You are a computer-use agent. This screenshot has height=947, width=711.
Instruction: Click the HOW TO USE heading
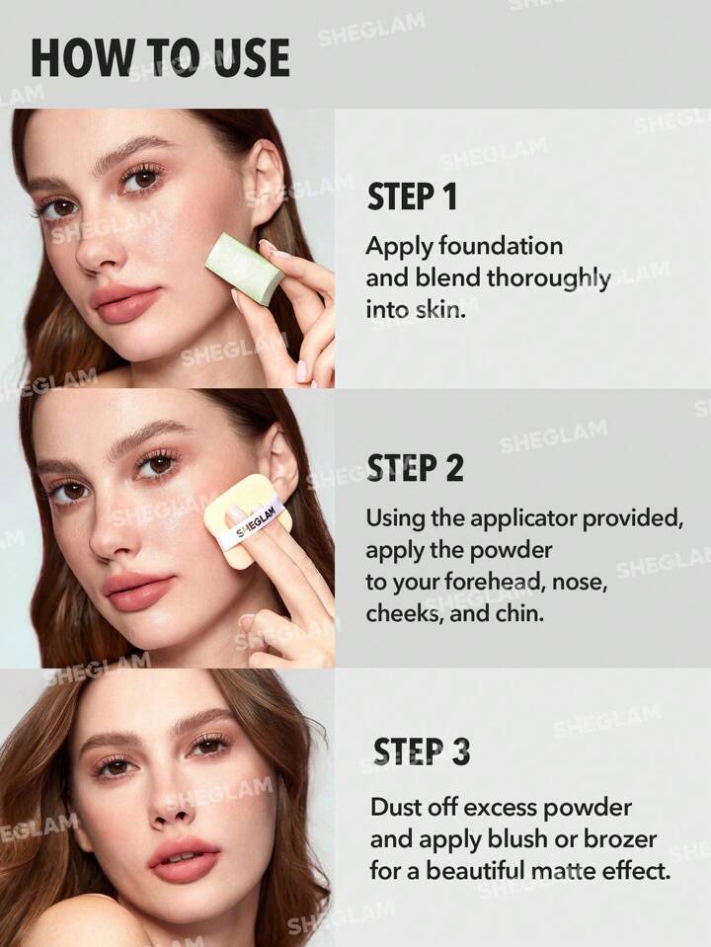click(x=160, y=57)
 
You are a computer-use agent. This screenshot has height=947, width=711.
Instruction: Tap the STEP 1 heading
click(x=412, y=197)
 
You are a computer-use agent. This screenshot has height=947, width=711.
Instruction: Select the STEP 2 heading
click(x=415, y=468)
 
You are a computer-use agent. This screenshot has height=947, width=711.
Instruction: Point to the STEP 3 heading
click(x=422, y=751)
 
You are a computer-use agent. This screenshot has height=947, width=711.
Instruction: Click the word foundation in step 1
click(x=501, y=246)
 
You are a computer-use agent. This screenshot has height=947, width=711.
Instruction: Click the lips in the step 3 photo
click(x=184, y=859)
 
